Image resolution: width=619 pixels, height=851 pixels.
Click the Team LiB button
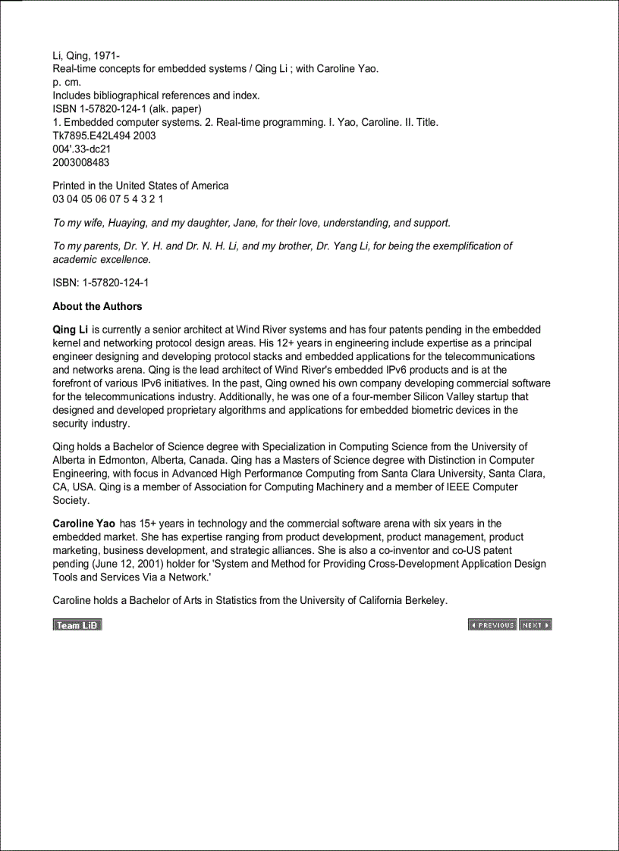[77, 625]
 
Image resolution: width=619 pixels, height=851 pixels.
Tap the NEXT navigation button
[535, 625]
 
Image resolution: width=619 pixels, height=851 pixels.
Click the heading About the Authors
[97, 306]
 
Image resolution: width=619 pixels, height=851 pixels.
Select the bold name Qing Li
[70, 330]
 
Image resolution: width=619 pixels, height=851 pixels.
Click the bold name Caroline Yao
[83, 524]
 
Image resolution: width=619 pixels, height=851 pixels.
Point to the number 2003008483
[80, 163]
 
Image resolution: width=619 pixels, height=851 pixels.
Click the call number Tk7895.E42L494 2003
[104, 136]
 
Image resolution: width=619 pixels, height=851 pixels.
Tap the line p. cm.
[67, 82]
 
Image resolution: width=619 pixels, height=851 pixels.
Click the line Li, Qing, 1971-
[86, 55]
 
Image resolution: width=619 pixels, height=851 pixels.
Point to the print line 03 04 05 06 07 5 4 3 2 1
[108, 199]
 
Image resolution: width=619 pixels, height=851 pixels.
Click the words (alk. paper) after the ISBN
[175, 109]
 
